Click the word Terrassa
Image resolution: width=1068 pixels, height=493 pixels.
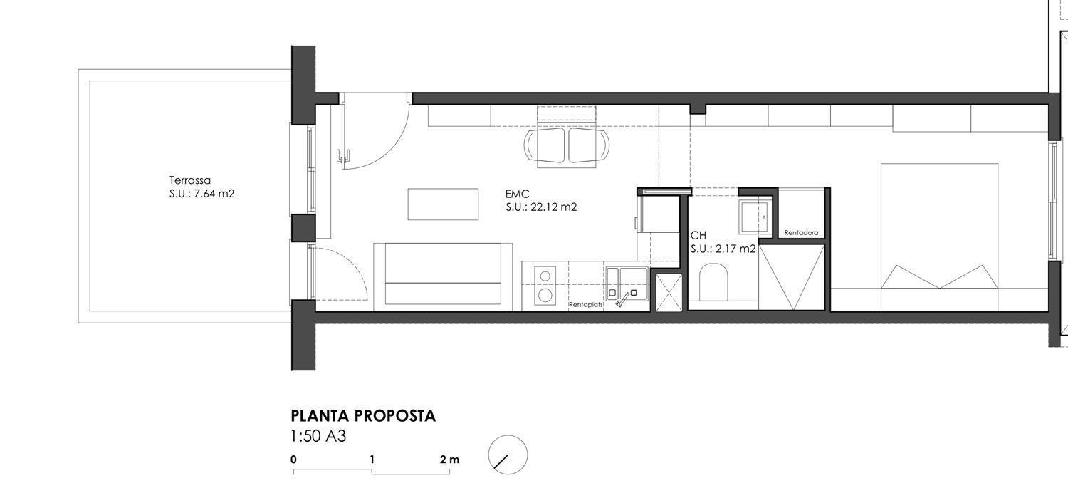pos(190,180)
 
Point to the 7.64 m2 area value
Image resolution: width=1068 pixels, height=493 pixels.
pos(214,194)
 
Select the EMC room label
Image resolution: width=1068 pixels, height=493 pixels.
pos(518,194)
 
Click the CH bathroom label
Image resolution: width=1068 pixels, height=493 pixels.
pos(698,235)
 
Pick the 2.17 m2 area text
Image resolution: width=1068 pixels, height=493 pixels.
pos(735,249)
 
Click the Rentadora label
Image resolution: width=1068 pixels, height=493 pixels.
pos(801,233)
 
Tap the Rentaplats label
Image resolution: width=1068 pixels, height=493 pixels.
pos(586,304)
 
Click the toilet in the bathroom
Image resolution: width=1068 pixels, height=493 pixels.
pos(713,282)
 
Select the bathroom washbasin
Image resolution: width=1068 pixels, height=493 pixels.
pos(754,217)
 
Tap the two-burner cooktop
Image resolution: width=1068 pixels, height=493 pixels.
pos(545,286)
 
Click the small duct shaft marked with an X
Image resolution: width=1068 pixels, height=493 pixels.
pos(669,293)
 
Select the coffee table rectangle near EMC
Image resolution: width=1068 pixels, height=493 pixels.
pos(443,204)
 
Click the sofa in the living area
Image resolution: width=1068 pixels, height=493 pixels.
pos(443,274)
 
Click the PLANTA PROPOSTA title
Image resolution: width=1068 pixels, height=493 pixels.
pos(363,415)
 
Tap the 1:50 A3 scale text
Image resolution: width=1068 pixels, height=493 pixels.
pos(318,436)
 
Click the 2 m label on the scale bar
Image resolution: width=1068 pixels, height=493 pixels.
pos(449,460)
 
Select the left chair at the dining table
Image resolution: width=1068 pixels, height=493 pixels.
pos(545,145)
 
